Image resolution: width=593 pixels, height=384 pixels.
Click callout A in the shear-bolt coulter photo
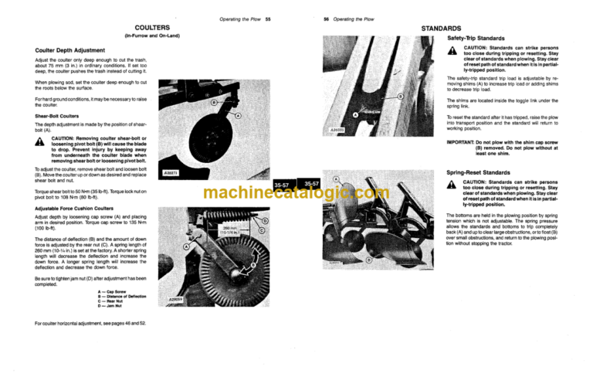click(237, 116)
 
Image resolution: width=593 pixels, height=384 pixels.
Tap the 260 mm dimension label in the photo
click(230, 231)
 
